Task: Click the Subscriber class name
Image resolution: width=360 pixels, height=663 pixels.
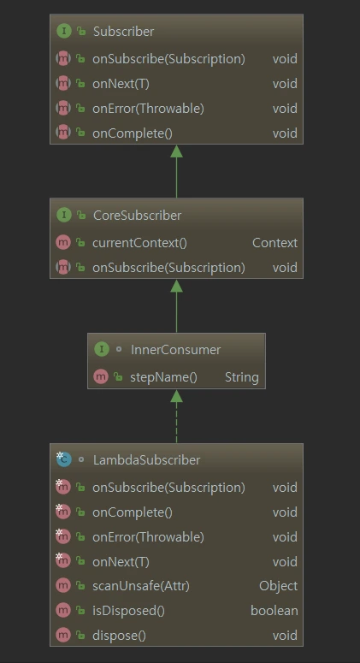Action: (123, 32)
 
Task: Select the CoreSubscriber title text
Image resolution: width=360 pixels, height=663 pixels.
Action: (137, 216)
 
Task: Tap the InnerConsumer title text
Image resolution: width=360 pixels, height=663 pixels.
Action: (175, 350)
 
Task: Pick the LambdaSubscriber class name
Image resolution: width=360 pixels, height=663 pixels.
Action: (146, 460)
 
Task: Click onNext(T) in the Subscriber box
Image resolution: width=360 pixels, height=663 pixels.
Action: (121, 84)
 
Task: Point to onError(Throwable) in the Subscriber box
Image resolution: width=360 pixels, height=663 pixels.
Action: (148, 109)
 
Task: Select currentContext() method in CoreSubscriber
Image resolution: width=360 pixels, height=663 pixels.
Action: (139, 243)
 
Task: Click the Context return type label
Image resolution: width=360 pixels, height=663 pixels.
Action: (275, 243)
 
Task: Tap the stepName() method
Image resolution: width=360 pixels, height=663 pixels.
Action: (163, 377)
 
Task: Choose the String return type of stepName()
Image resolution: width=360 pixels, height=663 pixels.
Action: (242, 377)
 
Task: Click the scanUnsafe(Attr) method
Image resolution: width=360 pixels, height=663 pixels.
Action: (141, 586)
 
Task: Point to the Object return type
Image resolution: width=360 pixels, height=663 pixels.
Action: (279, 586)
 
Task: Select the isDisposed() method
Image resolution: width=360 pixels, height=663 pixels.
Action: (128, 611)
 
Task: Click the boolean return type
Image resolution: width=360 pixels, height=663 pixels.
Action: (274, 611)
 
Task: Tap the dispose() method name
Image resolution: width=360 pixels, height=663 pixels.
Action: (119, 636)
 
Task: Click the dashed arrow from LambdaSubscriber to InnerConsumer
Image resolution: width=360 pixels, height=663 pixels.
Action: (177, 416)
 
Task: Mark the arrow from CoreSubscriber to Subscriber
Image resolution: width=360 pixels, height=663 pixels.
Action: (177, 171)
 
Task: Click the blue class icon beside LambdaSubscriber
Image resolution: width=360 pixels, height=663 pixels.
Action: (64, 459)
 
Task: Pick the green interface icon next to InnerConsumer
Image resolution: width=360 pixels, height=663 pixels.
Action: (102, 349)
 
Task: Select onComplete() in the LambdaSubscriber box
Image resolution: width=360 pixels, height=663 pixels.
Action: (133, 512)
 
